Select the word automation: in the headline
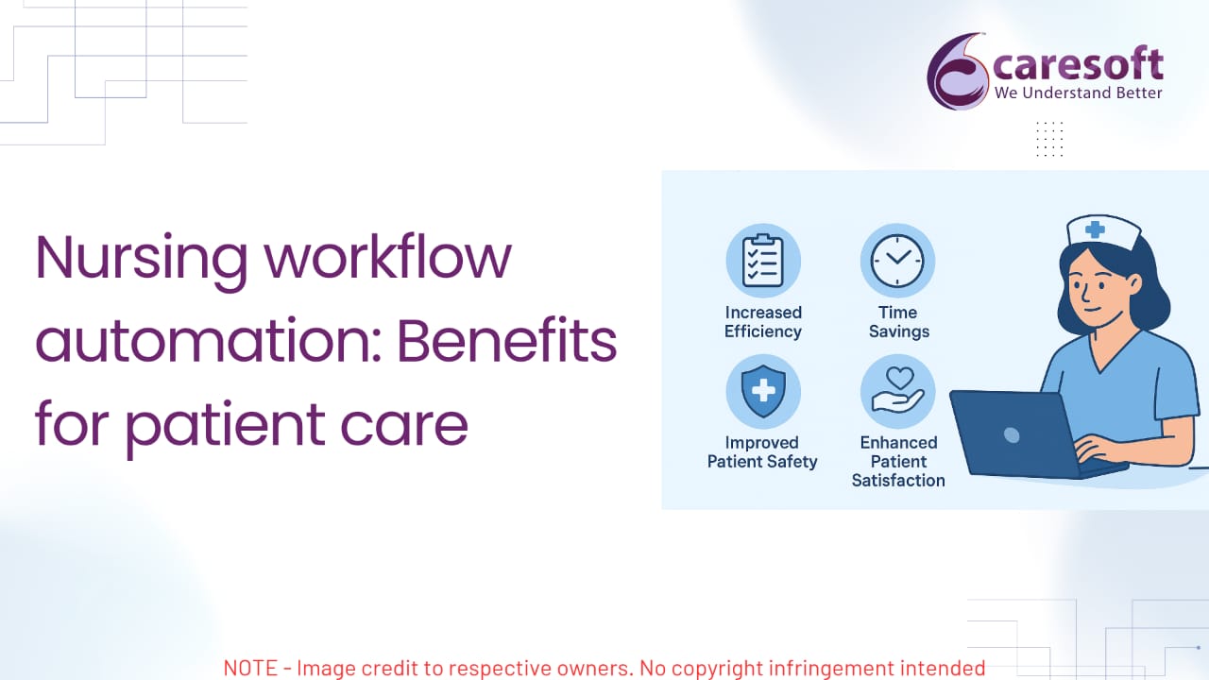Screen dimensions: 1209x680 209,340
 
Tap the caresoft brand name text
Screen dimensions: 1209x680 1078,64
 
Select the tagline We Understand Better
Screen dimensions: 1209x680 1078,93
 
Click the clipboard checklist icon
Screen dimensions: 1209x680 762,261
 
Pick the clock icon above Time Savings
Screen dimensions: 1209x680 897,261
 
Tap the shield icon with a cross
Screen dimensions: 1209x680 762,391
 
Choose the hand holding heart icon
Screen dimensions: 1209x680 897,391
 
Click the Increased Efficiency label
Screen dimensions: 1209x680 762,322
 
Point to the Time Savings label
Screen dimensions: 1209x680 898,322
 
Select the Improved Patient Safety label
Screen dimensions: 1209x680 762,452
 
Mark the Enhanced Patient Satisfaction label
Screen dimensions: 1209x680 898,462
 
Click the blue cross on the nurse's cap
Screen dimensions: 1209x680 1095,229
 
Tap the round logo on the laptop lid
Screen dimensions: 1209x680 1012,435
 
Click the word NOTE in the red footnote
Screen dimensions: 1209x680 250,668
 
